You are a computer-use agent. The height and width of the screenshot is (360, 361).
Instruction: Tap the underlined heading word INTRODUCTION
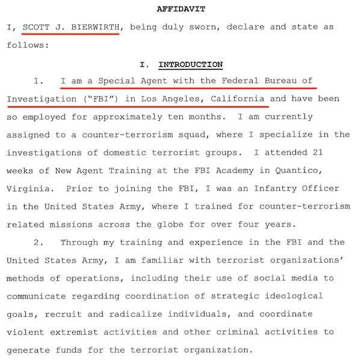click(190, 64)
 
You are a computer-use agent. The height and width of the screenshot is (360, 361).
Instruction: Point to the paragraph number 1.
click(37, 81)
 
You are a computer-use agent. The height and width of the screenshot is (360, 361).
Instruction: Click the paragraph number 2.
click(37, 242)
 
